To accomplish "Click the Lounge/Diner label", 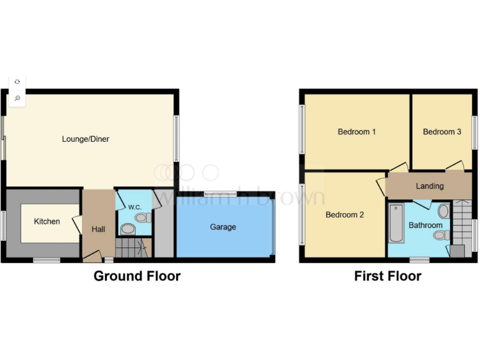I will pos(86,139).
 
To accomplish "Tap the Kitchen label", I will pos(47,221).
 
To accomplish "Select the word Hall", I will pos(98,229).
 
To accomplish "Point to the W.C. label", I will pos(134,207).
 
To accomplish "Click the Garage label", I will pos(222,227).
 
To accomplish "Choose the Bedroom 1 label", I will pos(356,132).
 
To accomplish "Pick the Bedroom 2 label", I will pos(344,214).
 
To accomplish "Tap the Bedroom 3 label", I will pos(442,132).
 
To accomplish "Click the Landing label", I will pos(429,186).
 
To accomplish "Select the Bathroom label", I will pos(425,225).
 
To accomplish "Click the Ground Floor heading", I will pos(137,276).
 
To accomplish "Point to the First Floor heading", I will pos(387,276).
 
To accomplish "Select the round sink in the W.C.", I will pos(127,230).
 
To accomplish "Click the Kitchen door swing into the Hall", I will pos(77,224).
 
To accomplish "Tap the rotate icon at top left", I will pos(17,82).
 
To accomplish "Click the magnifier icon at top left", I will pos(17,98).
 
